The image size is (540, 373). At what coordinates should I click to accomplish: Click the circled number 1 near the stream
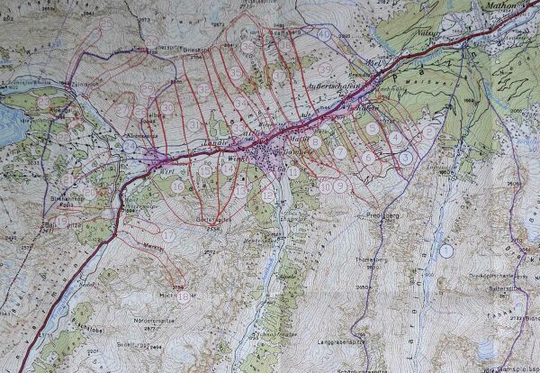[445, 249]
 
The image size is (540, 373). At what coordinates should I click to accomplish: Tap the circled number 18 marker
[184, 296]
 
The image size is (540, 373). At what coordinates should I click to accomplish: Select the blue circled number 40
[324, 34]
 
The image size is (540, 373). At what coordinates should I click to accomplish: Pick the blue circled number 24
[130, 147]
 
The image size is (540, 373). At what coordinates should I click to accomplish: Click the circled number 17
[168, 235]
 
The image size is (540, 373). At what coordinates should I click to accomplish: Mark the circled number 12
[269, 196]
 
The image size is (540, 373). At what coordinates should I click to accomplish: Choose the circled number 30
[167, 107]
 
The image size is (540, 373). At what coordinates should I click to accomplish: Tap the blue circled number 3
[406, 157]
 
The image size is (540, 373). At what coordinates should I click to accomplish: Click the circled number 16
[178, 186]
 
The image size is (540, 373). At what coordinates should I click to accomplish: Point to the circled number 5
[372, 129]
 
